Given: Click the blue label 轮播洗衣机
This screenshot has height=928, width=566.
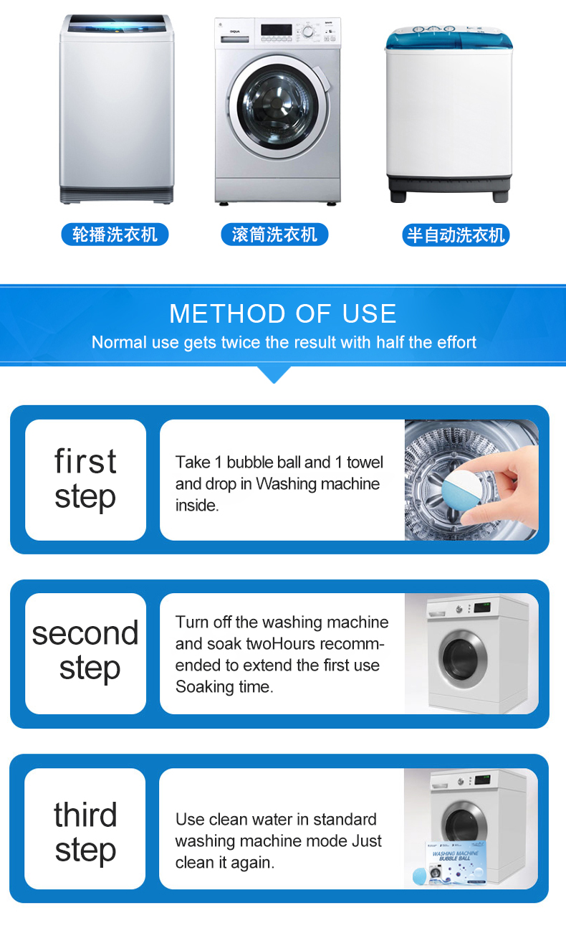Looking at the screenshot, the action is tap(115, 235).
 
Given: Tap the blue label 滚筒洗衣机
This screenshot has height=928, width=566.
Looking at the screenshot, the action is tap(274, 235).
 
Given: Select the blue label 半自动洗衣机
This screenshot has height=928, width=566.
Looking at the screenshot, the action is tap(456, 235).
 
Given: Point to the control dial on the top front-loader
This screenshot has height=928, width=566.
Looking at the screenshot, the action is tap(308, 32).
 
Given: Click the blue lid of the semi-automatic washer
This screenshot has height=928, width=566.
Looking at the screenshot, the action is tap(449, 39).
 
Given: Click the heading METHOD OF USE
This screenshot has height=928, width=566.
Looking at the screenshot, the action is tap(283, 313).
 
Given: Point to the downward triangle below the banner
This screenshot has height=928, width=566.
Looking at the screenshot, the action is tap(274, 374).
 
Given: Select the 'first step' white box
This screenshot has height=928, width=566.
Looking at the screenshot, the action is tap(86, 480).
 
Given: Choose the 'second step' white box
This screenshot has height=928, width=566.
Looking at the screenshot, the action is tap(86, 653).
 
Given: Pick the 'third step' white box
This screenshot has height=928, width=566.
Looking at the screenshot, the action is tap(85, 828).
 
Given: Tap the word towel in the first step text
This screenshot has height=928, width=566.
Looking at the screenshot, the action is tap(365, 463).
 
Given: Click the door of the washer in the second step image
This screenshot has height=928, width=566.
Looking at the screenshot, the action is tap(463, 658).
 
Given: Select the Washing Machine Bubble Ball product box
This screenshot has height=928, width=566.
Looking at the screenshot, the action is tap(455, 863).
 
